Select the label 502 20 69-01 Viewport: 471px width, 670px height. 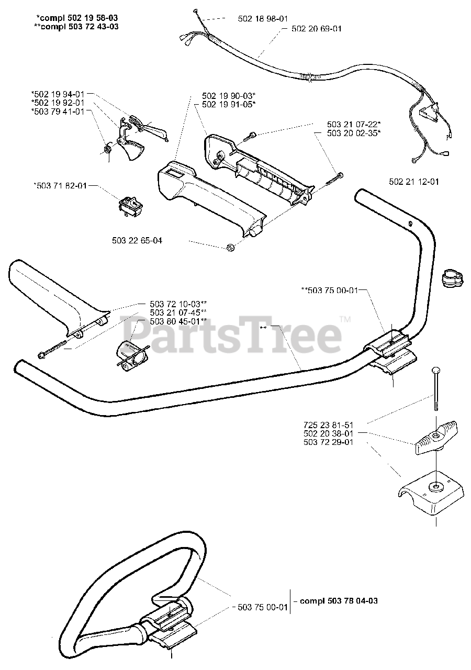pyautogui.click(x=316, y=29)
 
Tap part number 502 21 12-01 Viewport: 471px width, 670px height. pyautogui.click(x=414, y=182)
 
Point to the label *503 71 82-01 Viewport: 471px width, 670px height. pyautogui.click(x=60, y=185)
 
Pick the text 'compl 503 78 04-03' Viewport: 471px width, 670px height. pyautogui.click(x=339, y=601)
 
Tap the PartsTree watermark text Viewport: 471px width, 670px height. pyautogui.click(x=230, y=331)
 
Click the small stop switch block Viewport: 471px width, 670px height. pyautogui.click(x=131, y=202)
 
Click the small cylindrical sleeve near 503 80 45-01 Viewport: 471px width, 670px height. pyautogui.click(x=131, y=356)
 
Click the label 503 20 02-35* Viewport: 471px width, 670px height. pyautogui.click(x=354, y=133)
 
